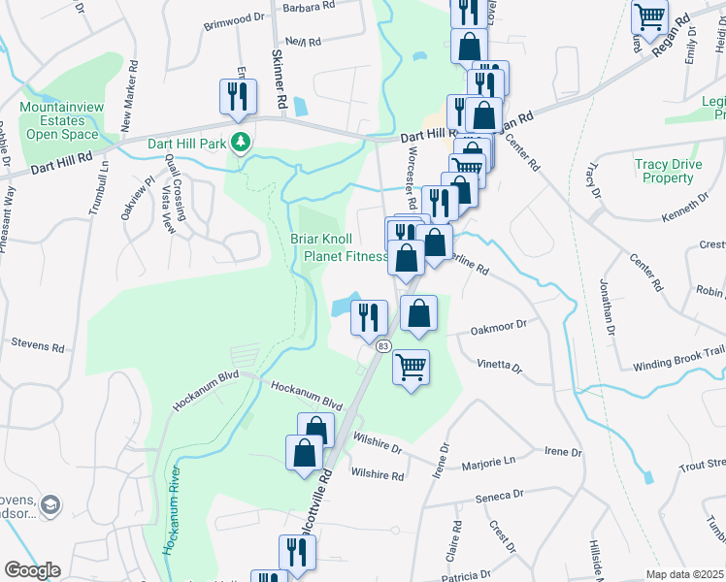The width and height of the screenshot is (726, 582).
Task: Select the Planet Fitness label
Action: pyautogui.click(x=346, y=257)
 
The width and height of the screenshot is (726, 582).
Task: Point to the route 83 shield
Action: pyautogui.click(x=383, y=346)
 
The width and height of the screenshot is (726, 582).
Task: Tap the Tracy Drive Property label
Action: pyautogui.click(x=668, y=171)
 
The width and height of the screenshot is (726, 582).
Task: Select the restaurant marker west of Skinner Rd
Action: pyautogui.click(x=237, y=96)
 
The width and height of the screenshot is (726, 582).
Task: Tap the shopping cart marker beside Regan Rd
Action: pyautogui.click(x=649, y=16)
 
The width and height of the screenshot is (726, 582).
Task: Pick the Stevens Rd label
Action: pyautogui.click(x=38, y=344)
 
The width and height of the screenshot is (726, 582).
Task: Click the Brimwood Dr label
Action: pyautogui.click(x=233, y=17)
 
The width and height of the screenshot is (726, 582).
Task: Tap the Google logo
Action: pyautogui.click(x=32, y=570)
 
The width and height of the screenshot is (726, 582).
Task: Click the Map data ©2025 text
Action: pyautogui.click(x=684, y=574)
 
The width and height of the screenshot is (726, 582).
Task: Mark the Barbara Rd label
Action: pyautogui.click(x=308, y=6)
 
